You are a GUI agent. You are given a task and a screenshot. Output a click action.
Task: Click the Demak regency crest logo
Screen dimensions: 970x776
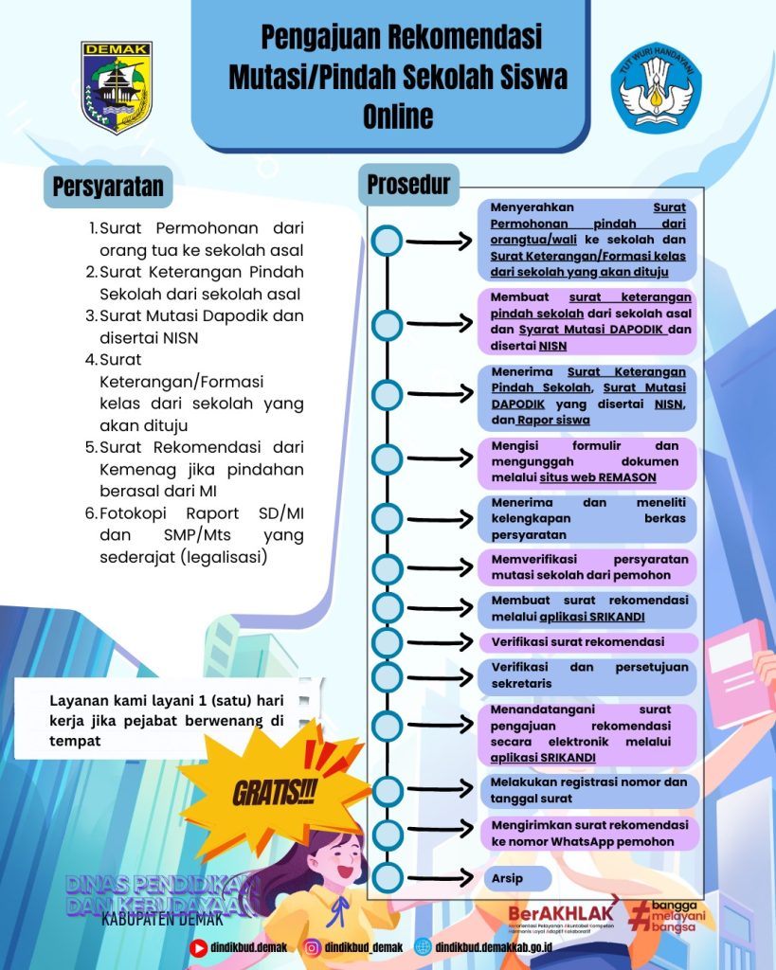pos(117,87)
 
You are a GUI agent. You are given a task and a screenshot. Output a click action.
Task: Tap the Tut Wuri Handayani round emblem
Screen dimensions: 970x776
pos(657,86)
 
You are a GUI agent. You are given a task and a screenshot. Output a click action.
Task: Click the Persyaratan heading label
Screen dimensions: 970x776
pos(108,187)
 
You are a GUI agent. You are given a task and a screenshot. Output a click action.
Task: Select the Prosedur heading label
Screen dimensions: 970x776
pos(408,184)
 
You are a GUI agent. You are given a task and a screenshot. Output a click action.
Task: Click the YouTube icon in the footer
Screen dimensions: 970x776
pos(199,946)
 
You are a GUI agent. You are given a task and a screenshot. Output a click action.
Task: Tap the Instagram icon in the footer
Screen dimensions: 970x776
pos(312,946)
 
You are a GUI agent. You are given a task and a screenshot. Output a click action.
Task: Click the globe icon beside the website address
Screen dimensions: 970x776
pos(423,946)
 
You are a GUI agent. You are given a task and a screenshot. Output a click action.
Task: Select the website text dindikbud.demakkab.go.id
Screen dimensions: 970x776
pos(501,946)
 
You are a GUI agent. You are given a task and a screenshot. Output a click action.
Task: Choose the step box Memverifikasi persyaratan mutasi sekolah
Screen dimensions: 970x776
pos(594,566)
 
